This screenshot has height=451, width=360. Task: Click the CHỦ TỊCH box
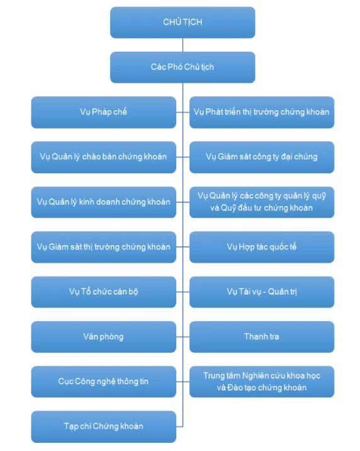[183, 23]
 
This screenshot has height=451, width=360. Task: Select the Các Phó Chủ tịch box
[183, 67]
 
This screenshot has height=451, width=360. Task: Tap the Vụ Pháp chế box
[103, 112]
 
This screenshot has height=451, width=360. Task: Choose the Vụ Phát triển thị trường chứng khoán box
[262, 112]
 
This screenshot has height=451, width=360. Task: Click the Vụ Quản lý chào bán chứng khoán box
[103, 157]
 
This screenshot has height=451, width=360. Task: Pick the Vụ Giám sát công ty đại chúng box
[262, 157]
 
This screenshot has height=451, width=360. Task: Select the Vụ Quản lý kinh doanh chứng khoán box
[103, 202]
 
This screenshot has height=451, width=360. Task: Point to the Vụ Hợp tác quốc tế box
[262, 247]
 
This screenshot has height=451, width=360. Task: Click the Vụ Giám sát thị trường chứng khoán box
[103, 247]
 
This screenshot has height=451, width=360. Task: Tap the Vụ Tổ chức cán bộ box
[103, 292]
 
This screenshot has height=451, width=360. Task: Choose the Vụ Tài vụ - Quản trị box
[262, 292]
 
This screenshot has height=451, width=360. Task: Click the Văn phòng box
[103, 337]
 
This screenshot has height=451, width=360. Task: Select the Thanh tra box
[262, 337]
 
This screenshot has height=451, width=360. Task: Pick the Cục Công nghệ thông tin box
[103, 382]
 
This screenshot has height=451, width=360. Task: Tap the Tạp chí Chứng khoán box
[103, 426]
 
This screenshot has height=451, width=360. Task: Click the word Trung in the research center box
[213, 376]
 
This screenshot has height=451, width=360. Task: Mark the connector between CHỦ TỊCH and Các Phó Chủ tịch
[183, 45]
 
